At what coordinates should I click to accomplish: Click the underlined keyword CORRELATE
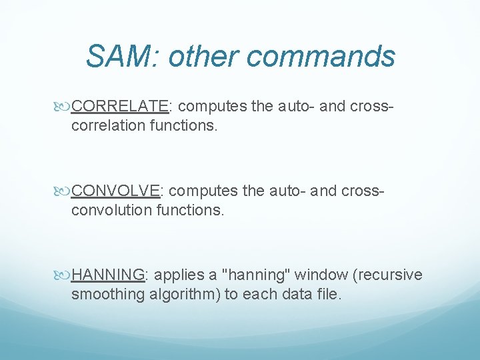[x=120, y=105]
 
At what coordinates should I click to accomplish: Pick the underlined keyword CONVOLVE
[x=116, y=191]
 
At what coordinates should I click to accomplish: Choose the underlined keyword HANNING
[x=109, y=275]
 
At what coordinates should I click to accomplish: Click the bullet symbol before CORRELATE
[x=63, y=106]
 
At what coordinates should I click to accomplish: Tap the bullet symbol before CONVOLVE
[x=63, y=191]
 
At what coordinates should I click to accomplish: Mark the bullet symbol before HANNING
[x=63, y=275]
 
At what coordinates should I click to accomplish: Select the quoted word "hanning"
[x=255, y=275]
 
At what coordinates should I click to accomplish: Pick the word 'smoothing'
[x=107, y=295]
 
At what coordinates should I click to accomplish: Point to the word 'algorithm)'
[x=184, y=295]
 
